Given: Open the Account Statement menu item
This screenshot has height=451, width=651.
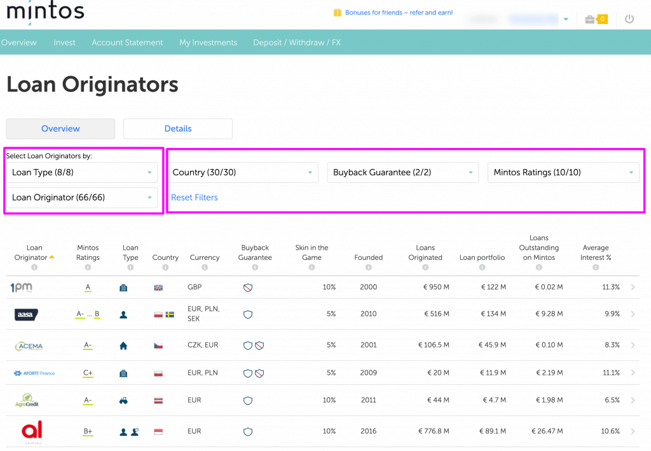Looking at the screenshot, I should (x=127, y=43).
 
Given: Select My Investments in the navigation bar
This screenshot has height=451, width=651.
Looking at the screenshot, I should (x=208, y=43).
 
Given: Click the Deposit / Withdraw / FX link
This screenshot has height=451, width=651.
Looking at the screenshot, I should (x=297, y=43).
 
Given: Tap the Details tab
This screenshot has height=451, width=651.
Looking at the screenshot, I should (x=178, y=128).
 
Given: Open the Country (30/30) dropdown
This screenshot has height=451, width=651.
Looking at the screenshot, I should (x=243, y=172).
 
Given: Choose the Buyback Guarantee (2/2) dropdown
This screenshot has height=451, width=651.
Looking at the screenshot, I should (x=403, y=172).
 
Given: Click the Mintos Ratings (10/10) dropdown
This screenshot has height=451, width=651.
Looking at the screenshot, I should (x=563, y=172).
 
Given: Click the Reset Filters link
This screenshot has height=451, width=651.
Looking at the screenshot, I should (x=195, y=198).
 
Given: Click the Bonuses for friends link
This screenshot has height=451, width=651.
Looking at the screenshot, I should (x=398, y=13).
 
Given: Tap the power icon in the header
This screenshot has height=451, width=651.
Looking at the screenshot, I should (x=629, y=19).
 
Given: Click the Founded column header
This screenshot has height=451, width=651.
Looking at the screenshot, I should (x=369, y=257).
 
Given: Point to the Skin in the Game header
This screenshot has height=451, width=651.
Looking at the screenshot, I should (x=312, y=253).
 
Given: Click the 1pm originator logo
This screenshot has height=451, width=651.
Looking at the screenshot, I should (x=22, y=287).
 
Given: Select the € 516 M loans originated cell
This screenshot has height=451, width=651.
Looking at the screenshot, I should (x=434, y=314).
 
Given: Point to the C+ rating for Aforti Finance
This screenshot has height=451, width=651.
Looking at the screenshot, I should (x=88, y=373).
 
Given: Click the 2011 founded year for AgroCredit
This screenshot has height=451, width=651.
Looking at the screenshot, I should (x=369, y=400).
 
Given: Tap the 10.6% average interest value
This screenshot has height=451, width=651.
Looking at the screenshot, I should (x=610, y=431).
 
